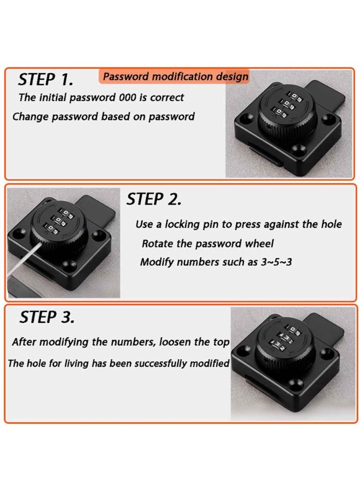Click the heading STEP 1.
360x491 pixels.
coord(46,80)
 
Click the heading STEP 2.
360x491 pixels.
coord(154,199)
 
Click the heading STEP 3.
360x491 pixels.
coord(47,317)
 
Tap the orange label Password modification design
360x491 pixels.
coord(176,76)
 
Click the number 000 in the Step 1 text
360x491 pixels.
coord(128,98)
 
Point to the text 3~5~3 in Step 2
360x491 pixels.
coord(276,262)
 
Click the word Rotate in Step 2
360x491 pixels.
coord(157,244)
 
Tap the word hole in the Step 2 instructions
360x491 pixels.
coord(331,224)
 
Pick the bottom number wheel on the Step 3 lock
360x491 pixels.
coord(277,346)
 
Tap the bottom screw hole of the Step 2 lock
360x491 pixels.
coord(68,266)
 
